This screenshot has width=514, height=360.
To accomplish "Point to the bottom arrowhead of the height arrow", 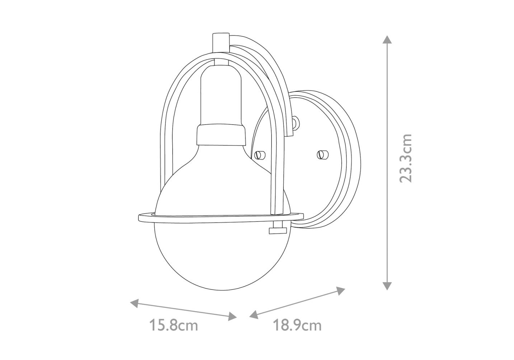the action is tap(387, 286).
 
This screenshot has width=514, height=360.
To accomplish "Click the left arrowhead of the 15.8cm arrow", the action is tap(135, 303).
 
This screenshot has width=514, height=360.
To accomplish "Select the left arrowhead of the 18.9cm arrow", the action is tap(254, 315).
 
